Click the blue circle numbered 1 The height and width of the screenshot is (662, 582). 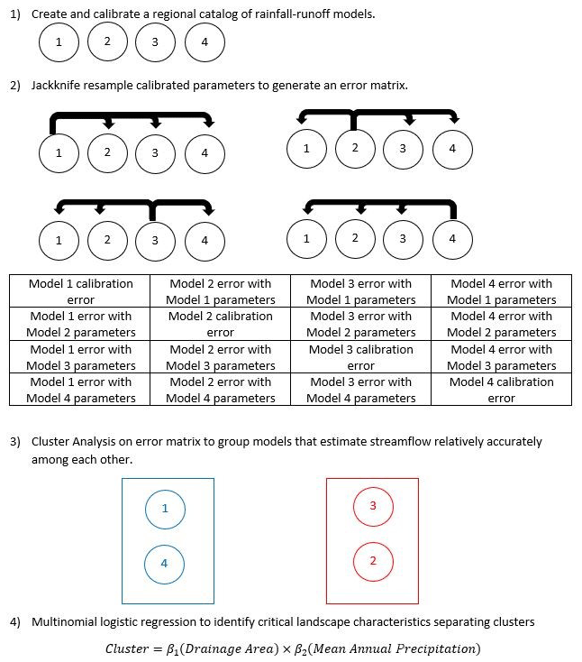pyautogui.click(x=165, y=509)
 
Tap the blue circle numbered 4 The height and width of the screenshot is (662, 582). pyautogui.click(x=165, y=564)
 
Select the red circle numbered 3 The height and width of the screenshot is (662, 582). pyautogui.click(x=373, y=506)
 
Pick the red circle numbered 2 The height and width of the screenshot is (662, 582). pyautogui.click(x=373, y=562)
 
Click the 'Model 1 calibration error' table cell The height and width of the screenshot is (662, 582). pyautogui.click(x=80, y=291)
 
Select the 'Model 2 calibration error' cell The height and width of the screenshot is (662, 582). pyautogui.click(x=221, y=324)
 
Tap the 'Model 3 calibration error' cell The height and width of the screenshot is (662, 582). pyautogui.click(x=360, y=357)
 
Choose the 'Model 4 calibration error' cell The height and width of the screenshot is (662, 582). pyautogui.click(x=502, y=390)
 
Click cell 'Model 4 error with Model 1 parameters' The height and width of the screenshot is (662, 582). pyautogui.click(x=502, y=291)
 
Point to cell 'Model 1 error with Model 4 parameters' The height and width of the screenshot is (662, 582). pyautogui.click(x=80, y=390)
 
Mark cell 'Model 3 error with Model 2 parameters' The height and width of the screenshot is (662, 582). pyautogui.click(x=360, y=324)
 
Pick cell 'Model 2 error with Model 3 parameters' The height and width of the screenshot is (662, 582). pyautogui.click(x=221, y=357)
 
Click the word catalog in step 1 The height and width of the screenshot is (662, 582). pyautogui.click(x=187, y=15)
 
